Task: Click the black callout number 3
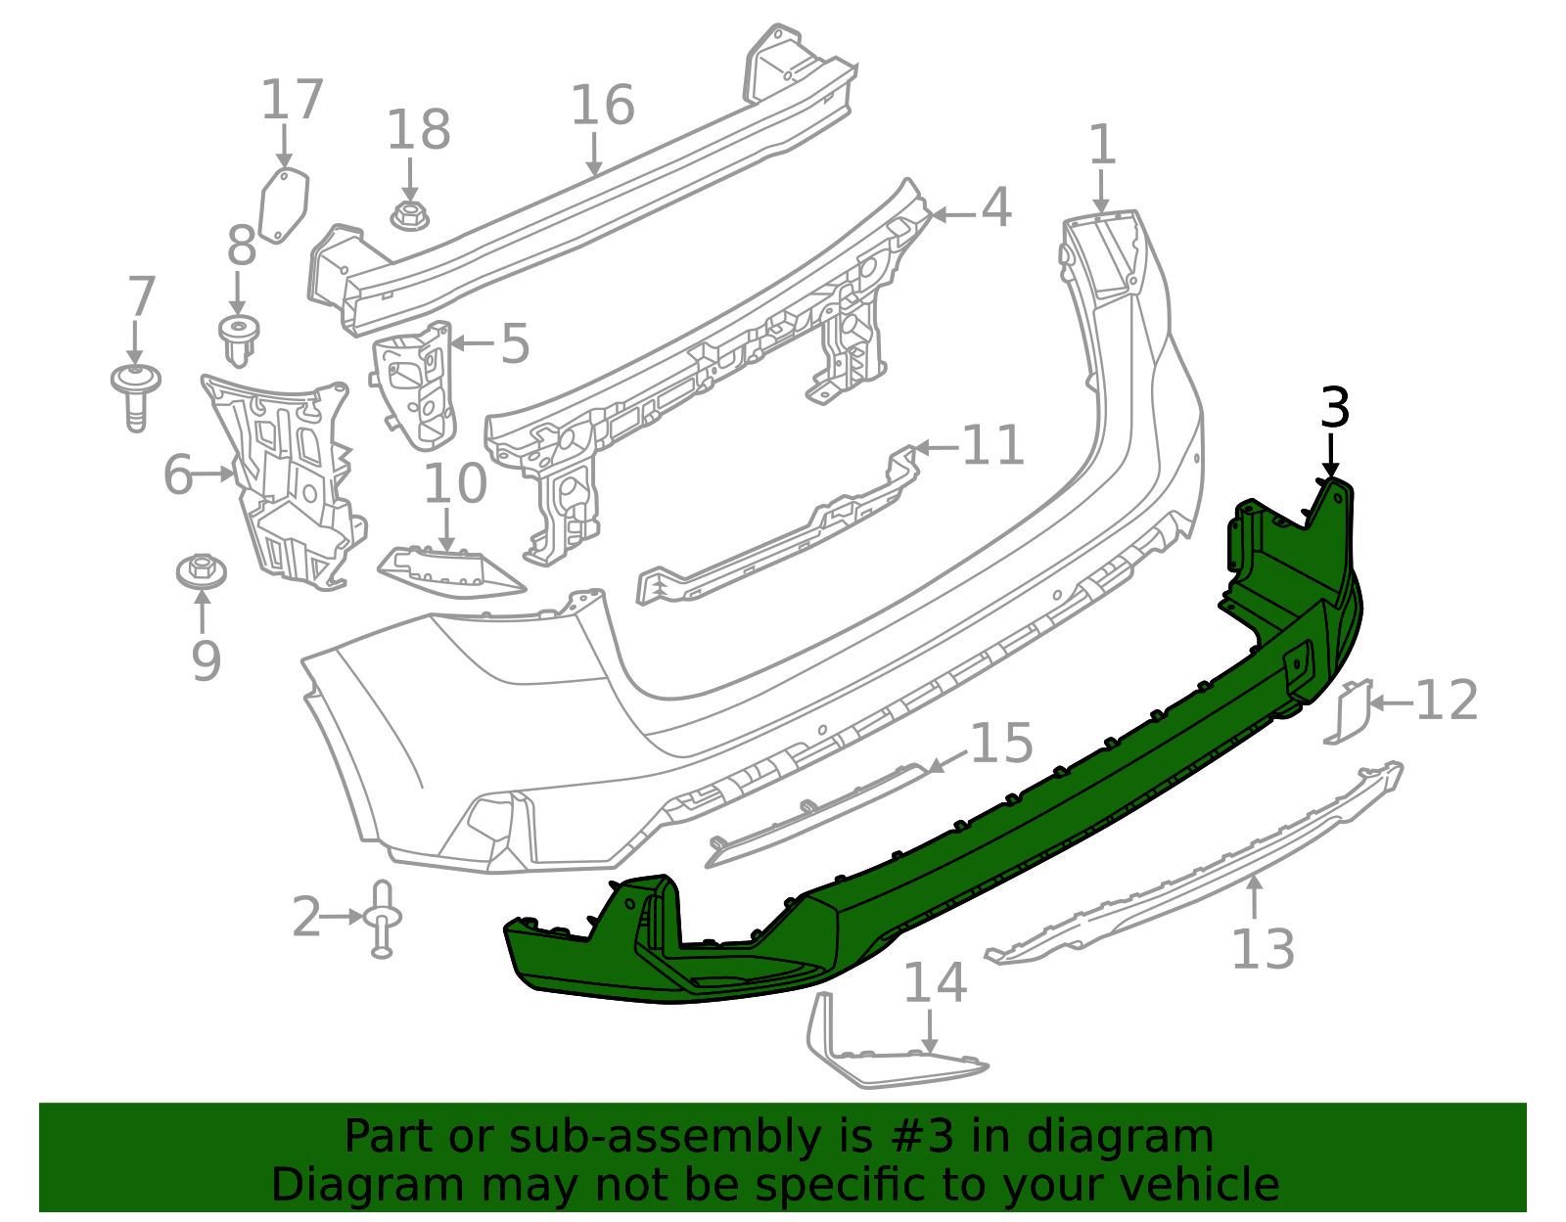tap(1335, 408)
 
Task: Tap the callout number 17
tap(292, 101)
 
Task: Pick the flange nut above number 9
tap(202, 569)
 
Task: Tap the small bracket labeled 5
tap(416, 384)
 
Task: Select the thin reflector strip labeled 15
tap(817, 814)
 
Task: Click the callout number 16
tap(602, 106)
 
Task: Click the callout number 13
tap(1263, 949)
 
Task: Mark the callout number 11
tap(992, 446)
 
